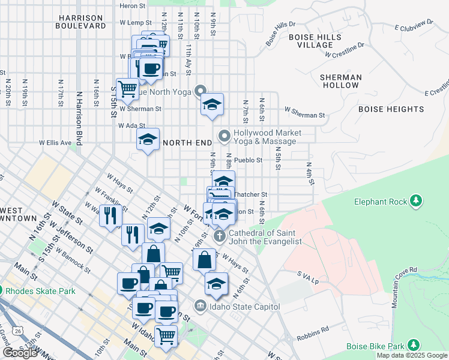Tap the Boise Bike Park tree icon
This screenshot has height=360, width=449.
(413, 345)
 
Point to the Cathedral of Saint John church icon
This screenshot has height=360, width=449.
(220, 235)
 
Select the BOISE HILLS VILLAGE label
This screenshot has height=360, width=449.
(315, 41)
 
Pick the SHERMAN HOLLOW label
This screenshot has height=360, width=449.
(340, 81)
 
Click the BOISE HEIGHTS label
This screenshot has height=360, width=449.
(391, 109)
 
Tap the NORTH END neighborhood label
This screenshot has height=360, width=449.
(187, 143)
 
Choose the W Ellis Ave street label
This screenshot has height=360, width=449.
(55, 143)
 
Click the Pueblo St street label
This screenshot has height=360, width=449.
(249, 160)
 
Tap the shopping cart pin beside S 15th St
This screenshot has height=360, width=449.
(127, 89)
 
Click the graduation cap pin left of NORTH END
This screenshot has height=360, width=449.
(148, 140)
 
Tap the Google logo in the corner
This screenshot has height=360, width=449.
(20, 353)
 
